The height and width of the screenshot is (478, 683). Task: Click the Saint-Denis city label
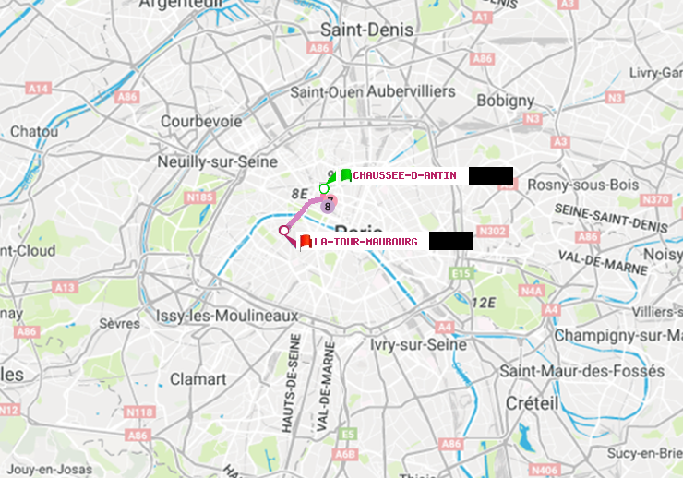tap(366, 30)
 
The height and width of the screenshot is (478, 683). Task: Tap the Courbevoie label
tap(201, 121)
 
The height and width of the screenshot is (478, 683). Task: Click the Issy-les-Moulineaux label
tap(227, 316)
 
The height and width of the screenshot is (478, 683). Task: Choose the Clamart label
tap(198, 378)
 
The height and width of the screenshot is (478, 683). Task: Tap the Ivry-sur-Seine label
tap(418, 343)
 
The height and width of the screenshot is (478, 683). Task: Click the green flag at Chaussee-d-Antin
tap(345, 175)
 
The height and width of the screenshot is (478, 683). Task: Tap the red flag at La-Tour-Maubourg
tap(306, 242)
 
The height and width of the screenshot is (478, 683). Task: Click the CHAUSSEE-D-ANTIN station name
tap(404, 175)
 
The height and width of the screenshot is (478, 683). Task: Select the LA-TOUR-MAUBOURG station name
tap(365, 242)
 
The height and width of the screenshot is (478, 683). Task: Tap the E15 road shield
tap(461, 273)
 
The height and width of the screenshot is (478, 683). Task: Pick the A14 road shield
tap(38, 89)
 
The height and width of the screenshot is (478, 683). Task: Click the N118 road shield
tap(139, 412)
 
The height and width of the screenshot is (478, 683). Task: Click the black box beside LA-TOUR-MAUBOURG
tap(451, 241)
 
